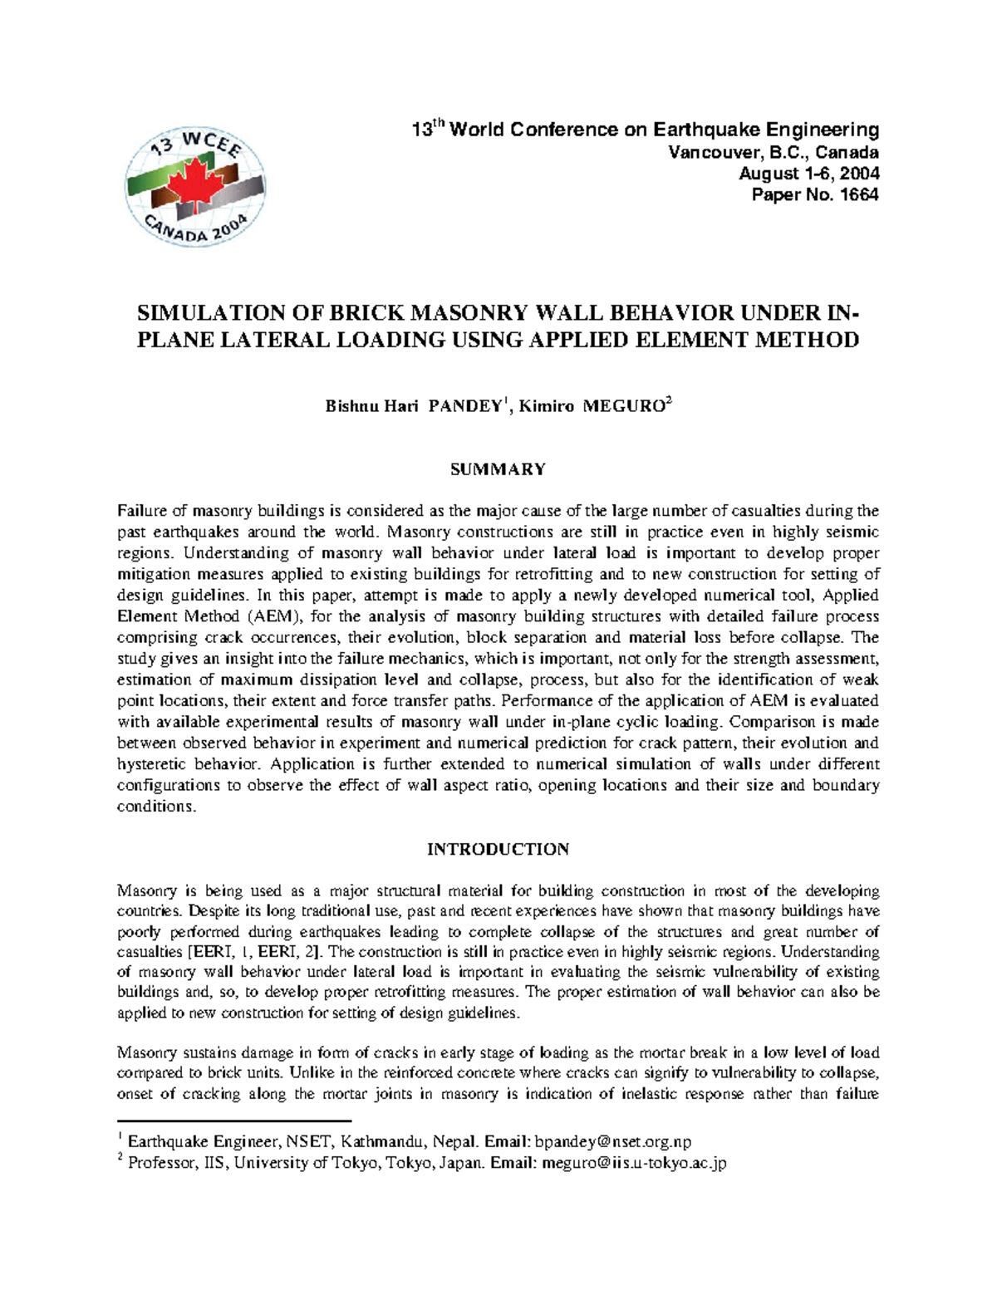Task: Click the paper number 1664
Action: point(860,195)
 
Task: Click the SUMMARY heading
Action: point(498,469)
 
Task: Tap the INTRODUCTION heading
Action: point(498,849)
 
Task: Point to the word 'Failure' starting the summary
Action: point(141,510)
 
